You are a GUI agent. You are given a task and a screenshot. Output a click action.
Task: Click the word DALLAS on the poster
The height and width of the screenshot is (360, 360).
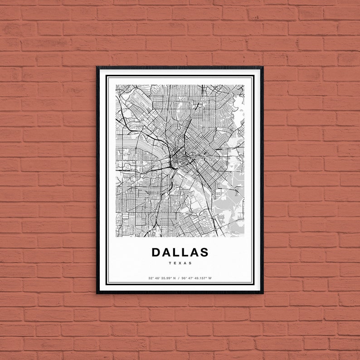click(180, 252)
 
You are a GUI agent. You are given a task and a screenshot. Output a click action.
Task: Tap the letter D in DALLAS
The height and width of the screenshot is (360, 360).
click(156, 252)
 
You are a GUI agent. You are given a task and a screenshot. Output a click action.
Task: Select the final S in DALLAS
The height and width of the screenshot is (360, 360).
click(204, 252)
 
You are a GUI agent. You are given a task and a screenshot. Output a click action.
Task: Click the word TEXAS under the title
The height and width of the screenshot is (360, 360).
click(180, 263)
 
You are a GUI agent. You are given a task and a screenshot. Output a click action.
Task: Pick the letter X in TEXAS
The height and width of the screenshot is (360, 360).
click(180, 263)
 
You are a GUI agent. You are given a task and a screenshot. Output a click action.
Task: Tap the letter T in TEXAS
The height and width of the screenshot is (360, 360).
click(170, 263)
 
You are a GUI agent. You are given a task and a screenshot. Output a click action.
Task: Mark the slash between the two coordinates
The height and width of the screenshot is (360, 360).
click(180, 278)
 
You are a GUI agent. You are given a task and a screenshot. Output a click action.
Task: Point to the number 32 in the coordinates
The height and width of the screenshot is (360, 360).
click(150, 278)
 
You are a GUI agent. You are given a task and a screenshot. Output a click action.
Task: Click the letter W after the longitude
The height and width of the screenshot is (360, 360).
click(210, 278)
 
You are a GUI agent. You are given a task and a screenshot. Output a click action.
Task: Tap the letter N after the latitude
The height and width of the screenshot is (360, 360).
click(174, 278)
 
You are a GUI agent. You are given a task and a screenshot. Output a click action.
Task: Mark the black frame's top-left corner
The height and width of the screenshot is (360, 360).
click(97, 68)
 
